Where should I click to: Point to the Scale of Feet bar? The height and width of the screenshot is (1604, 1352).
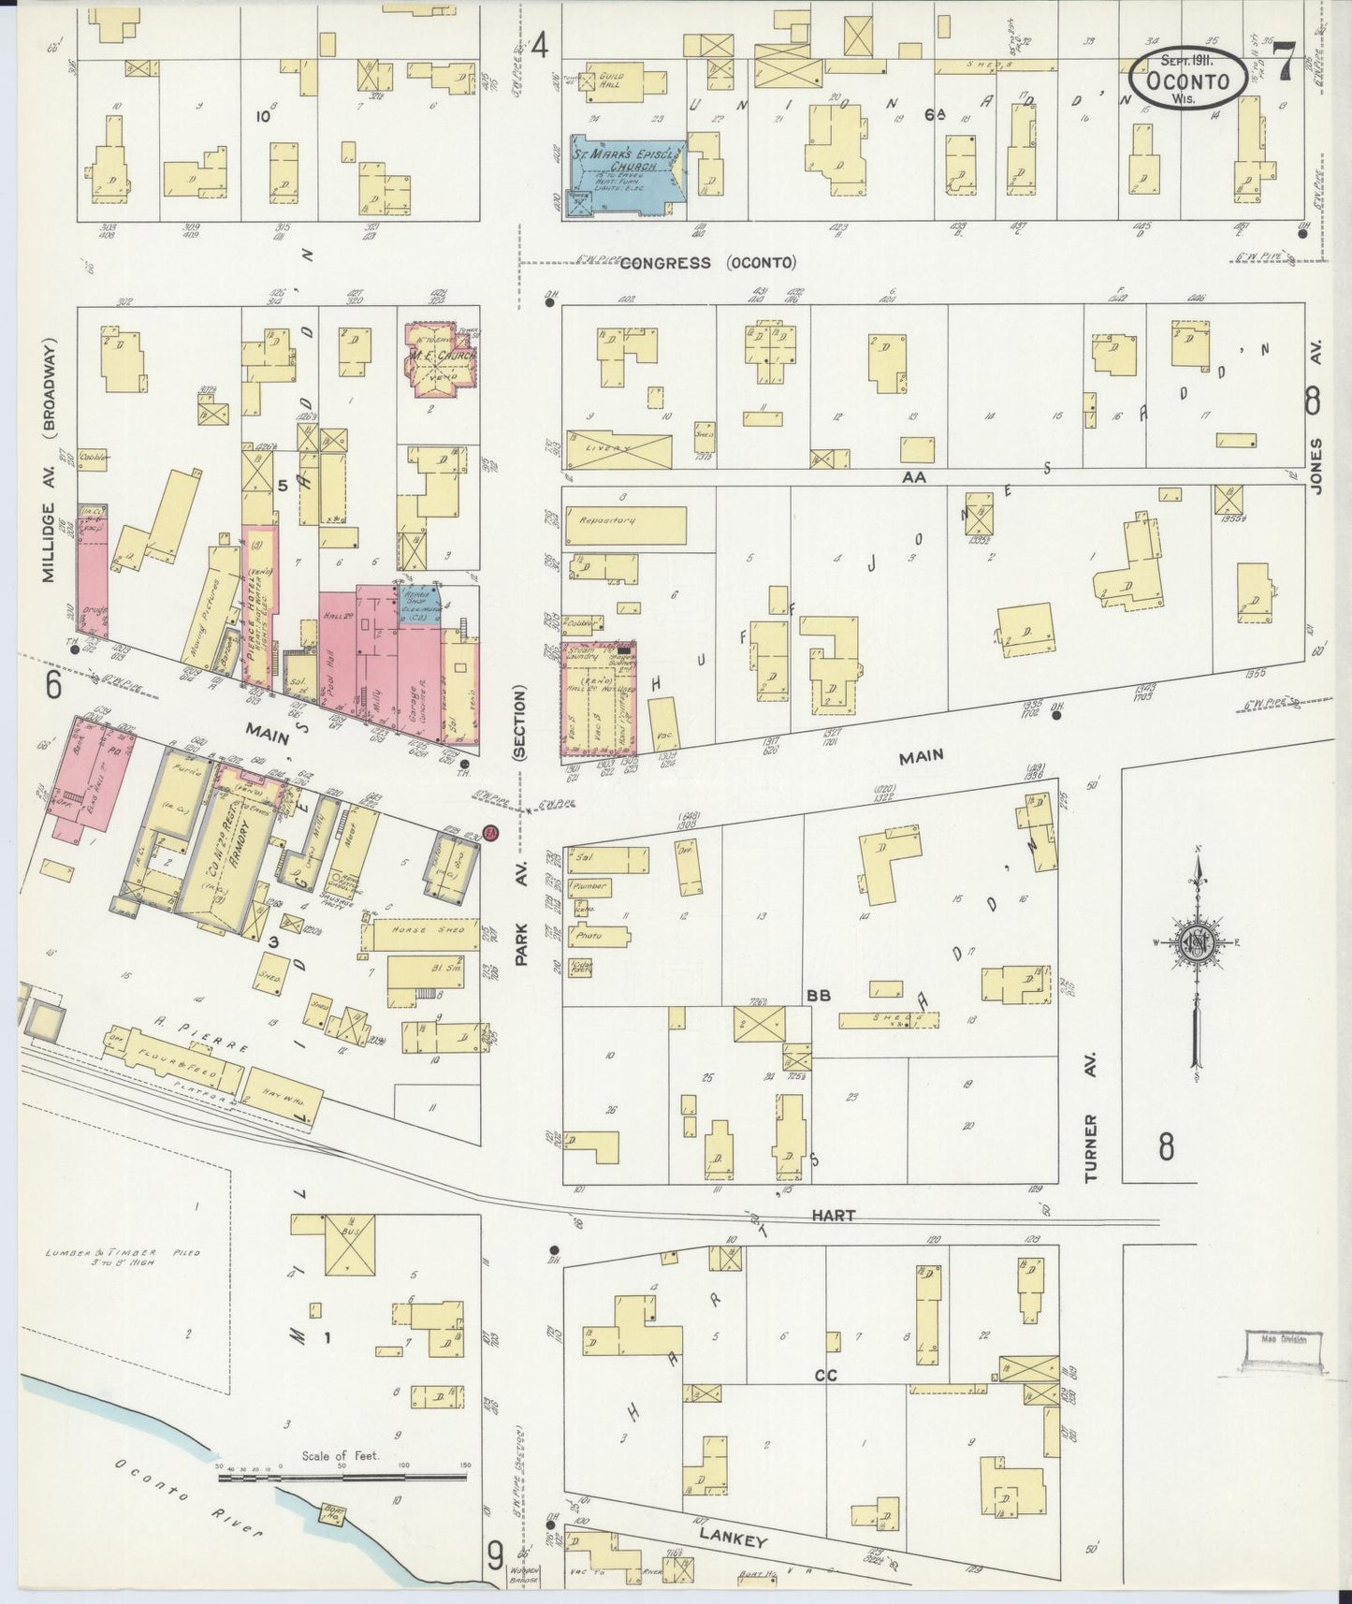(x=342, y=1478)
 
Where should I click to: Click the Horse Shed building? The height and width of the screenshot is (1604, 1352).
(x=418, y=933)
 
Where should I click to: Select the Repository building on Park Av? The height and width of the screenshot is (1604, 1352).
(x=625, y=524)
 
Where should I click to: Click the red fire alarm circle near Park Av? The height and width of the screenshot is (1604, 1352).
(x=491, y=834)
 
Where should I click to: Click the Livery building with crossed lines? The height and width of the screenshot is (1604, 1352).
(x=618, y=449)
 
